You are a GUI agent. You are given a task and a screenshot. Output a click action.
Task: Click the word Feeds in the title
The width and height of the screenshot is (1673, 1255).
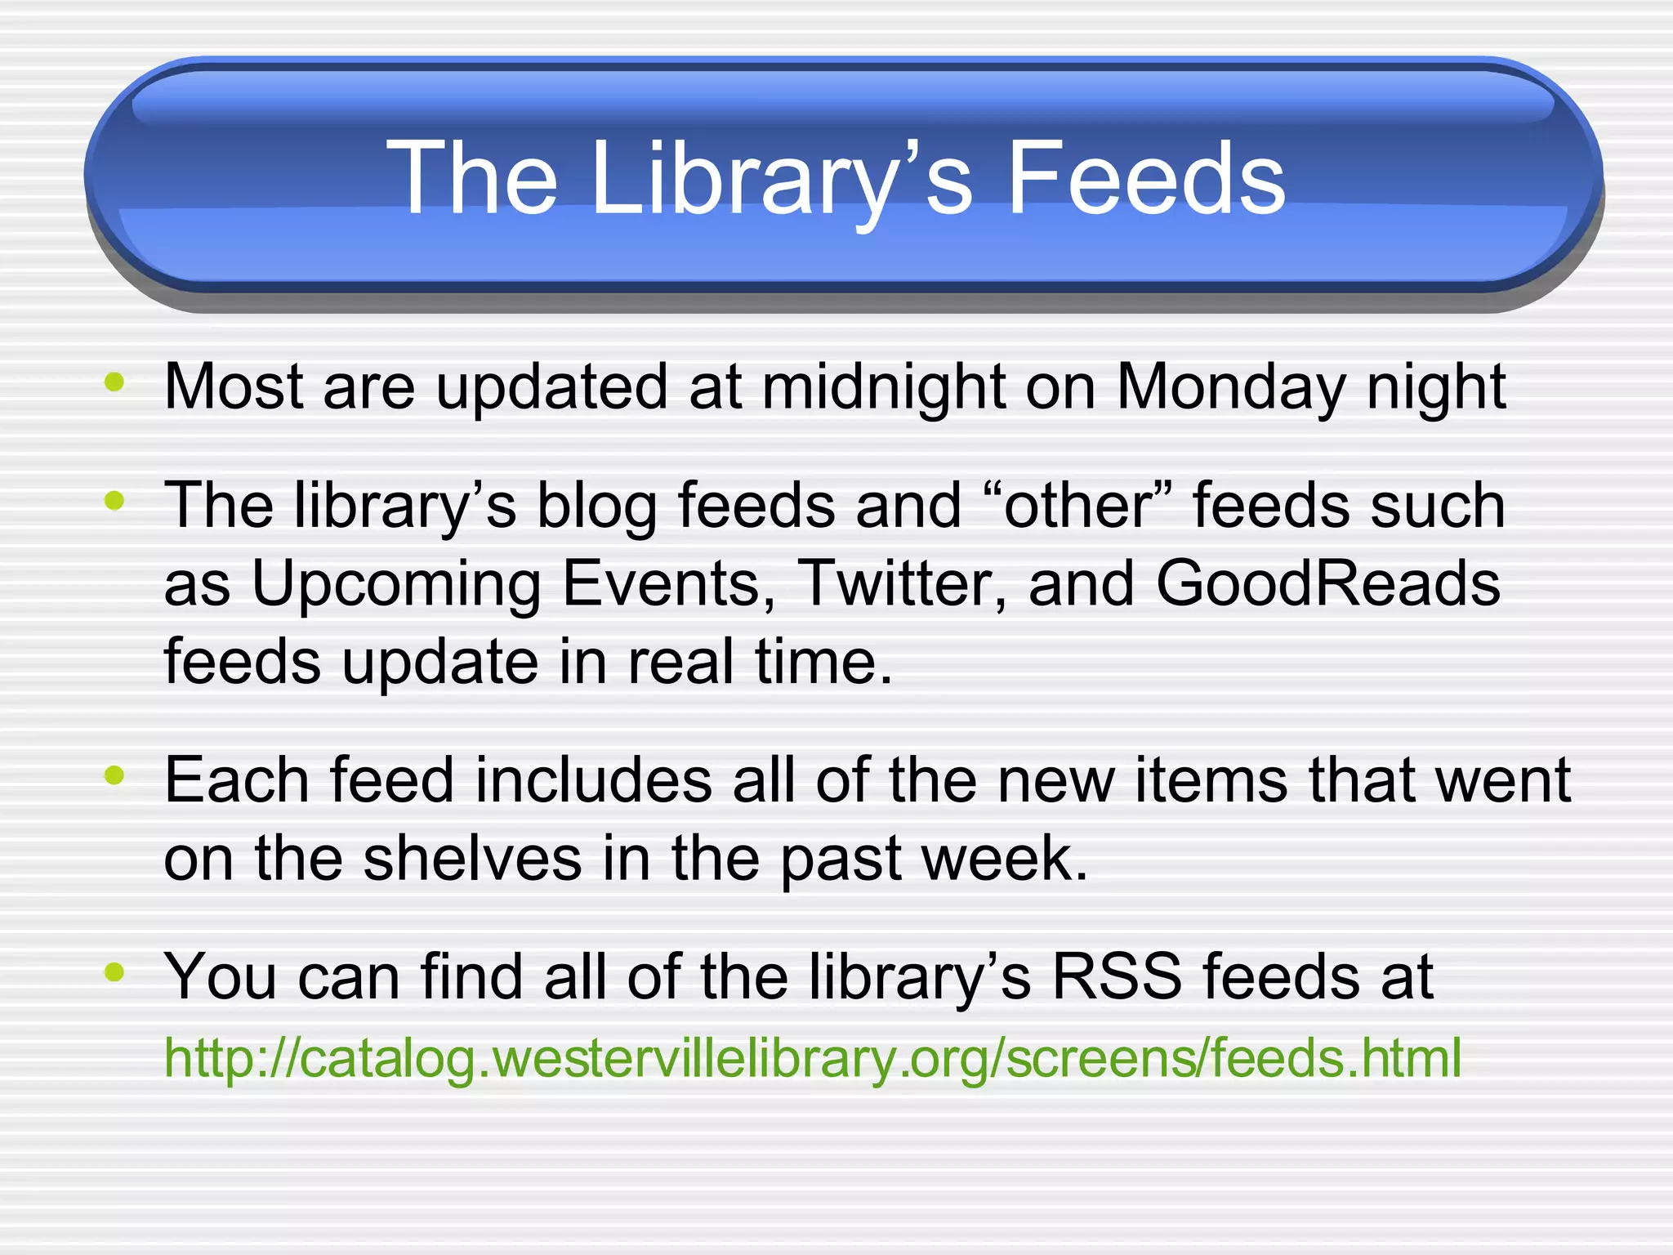coord(1145,178)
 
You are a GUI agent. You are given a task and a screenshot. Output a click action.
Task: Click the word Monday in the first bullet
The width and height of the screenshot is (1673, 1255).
coord(1229,386)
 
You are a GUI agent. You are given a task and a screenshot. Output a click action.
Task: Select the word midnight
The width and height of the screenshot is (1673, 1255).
coord(883,386)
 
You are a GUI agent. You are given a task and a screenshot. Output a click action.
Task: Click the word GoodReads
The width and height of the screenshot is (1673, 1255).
coord(1328,583)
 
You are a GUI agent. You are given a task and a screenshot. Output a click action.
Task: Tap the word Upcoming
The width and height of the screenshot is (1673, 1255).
coord(395,583)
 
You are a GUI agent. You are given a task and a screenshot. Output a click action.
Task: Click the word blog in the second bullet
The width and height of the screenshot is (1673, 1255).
coord(596,506)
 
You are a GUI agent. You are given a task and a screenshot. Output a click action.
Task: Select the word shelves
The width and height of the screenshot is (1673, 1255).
coord(472,859)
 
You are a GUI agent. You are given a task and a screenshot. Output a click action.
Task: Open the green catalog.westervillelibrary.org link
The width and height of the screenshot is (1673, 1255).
coord(812,1058)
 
